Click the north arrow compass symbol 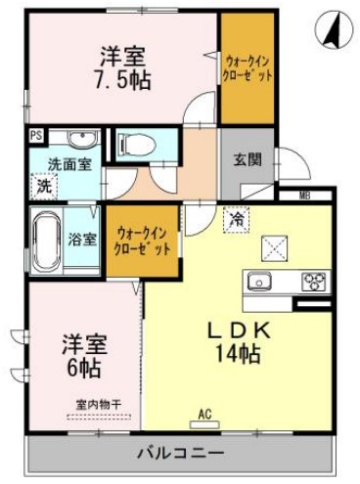(334, 30)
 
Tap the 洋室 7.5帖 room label (121, 67)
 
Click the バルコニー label (179, 454)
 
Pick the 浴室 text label (83, 239)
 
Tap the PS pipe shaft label (36, 136)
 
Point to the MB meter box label (304, 196)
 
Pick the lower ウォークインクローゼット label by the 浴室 (142, 241)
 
